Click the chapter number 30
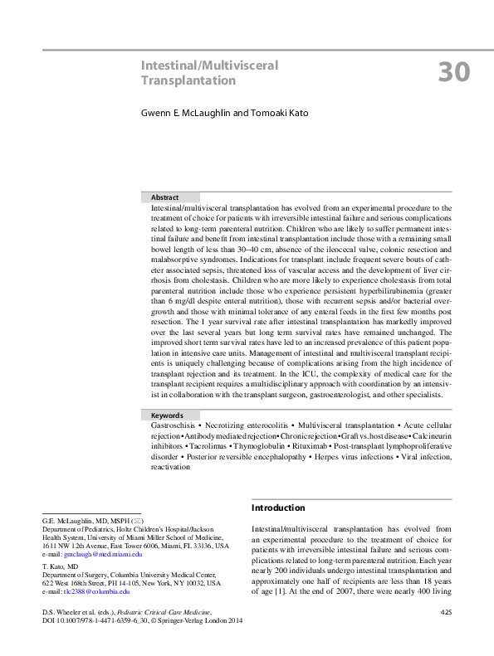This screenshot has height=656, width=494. [x=454, y=72]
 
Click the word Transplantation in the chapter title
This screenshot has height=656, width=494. [x=188, y=80]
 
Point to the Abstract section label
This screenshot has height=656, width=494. [x=164, y=197]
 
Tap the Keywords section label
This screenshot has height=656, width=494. [x=167, y=415]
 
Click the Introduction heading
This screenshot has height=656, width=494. [x=277, y=508]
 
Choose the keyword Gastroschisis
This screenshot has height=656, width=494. [x=176, y=425]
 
